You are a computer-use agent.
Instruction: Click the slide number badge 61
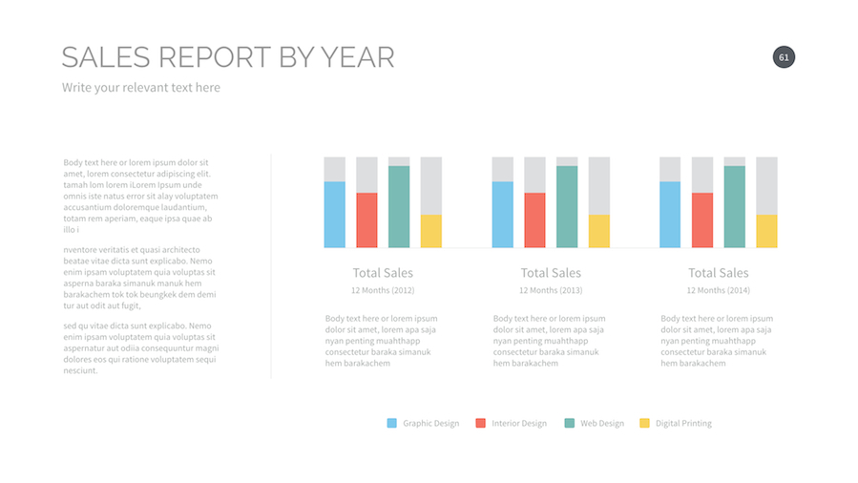(784, 57)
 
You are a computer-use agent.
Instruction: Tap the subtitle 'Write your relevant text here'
(141, 88)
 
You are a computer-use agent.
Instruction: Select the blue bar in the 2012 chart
(334, 215)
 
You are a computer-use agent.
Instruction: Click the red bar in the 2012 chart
(366, 220)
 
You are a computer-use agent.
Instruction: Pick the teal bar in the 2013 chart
(567, 207)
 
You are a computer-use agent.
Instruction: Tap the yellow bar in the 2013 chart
(599, 231)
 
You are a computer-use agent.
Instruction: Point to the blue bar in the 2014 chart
(670, 215)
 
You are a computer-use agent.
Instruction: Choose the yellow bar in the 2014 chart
(766, 231)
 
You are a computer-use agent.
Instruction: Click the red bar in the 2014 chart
(702, 220)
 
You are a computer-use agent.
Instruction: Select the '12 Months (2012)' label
(383, 290)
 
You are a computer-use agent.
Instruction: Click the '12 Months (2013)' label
(551, 290)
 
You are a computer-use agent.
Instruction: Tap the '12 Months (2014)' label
(719, 290)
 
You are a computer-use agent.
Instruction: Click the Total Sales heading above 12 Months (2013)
(551, 273)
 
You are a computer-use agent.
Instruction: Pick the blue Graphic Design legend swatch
(392, 423)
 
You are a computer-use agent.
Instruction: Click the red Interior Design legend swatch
(481, 423)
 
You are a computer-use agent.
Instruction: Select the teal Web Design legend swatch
(570, 423)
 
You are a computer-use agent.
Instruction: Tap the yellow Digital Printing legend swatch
(645, 423)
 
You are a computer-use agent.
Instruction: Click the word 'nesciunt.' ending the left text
(81, 370)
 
